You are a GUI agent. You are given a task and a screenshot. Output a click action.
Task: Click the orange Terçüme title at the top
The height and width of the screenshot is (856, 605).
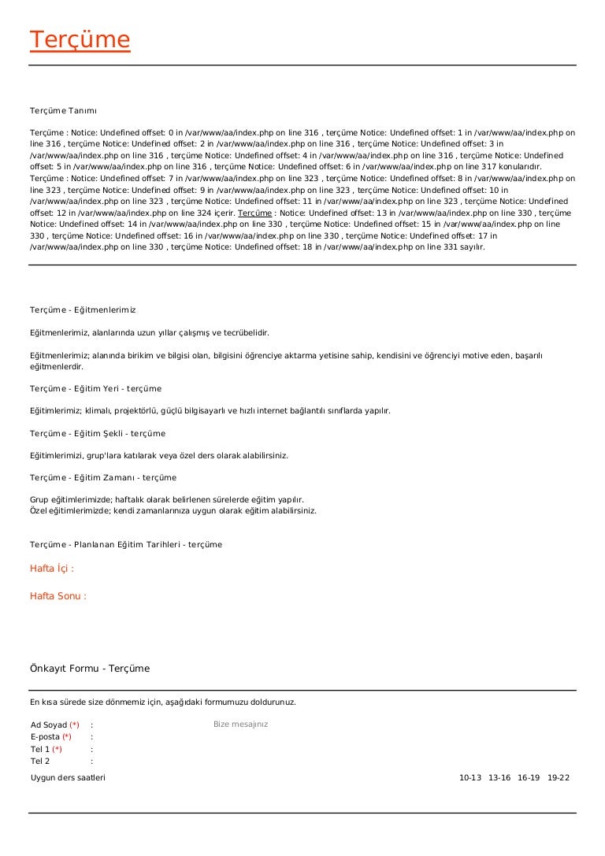80,40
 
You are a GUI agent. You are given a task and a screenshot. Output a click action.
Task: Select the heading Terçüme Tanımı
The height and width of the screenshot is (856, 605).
63,111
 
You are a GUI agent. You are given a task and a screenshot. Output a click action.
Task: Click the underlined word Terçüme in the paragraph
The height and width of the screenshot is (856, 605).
255,213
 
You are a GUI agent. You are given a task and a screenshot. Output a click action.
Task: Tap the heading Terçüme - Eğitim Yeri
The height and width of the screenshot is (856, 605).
95,389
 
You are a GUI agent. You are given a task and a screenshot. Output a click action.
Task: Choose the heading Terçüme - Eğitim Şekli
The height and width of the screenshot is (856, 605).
98,434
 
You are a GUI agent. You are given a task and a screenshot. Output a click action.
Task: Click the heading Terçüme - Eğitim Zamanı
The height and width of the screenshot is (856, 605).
103,478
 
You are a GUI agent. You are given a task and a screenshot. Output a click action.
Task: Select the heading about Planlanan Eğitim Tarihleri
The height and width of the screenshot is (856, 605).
126,545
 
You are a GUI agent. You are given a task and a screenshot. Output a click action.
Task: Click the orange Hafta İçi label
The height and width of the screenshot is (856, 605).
52,569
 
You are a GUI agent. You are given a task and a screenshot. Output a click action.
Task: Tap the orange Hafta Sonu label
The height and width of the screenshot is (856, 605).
58,596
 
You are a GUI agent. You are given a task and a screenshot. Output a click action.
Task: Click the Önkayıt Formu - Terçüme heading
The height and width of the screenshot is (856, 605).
90,669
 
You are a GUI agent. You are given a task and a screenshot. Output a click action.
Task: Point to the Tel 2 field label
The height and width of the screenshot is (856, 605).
40,762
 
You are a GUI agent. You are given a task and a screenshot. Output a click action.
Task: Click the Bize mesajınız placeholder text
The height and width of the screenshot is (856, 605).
240,724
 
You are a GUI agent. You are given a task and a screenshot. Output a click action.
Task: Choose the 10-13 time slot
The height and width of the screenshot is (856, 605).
470,778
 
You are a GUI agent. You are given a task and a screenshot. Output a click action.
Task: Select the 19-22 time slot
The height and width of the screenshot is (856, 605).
559,778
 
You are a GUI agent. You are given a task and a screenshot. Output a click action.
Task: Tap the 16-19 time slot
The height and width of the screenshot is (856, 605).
529,778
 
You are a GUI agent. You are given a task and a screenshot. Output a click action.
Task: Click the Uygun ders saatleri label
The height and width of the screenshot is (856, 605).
68,778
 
